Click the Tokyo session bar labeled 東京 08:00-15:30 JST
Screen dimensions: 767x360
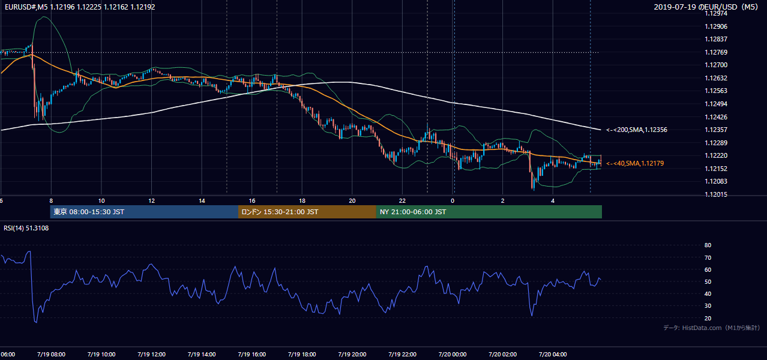[144, 212]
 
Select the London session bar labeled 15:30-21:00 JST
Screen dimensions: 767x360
[307, 212]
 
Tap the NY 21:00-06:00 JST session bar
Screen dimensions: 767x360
[489, 212]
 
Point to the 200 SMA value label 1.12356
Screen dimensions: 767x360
[637, 130]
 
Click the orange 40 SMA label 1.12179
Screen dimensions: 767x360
[635, 163]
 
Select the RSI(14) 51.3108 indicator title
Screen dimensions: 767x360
[26, 228]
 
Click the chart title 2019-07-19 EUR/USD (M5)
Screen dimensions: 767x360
[706, 7]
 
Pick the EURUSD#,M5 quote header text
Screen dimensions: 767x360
[80, 7]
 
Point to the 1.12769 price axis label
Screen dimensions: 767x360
[716, 52]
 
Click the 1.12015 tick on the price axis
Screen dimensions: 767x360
[716, 194]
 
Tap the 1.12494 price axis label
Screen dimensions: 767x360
[716, 104]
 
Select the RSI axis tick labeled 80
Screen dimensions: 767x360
[708, 245]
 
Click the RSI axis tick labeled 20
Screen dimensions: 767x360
[708, 318]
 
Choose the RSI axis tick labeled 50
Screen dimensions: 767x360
[708, 281]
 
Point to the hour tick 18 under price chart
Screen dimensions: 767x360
[302, 201]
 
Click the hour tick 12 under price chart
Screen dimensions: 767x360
[151, 201]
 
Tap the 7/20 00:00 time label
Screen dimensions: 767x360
[453, 355]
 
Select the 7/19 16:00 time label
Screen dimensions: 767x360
[251, 355]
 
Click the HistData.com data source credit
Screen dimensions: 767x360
[712, 328]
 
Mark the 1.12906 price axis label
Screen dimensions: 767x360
[716, 26]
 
